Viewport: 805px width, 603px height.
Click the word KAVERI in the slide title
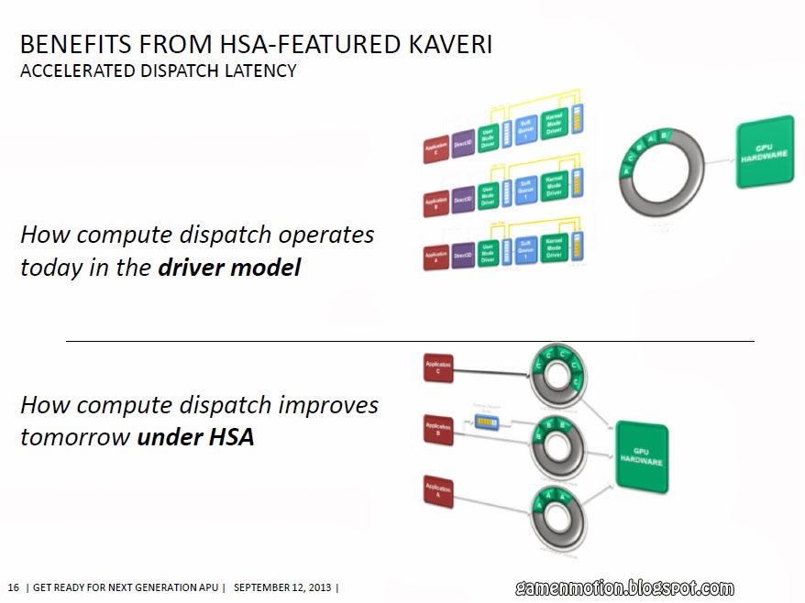[x=443, y=44]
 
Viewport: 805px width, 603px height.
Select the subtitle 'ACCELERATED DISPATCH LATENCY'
[x=158, y=71]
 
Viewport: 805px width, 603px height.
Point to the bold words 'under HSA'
[x=195, y=437]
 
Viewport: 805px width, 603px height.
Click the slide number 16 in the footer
[x=13, y=587]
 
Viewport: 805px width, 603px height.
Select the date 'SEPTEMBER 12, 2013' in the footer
[x=283, y=587]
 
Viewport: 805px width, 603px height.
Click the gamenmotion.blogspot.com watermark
[x=623, y=587]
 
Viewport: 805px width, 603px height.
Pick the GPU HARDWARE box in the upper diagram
[x=765, y=152]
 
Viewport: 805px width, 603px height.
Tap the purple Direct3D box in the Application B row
[x=463, y=198]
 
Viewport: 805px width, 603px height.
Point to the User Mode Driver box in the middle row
[x=489, y=193]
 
